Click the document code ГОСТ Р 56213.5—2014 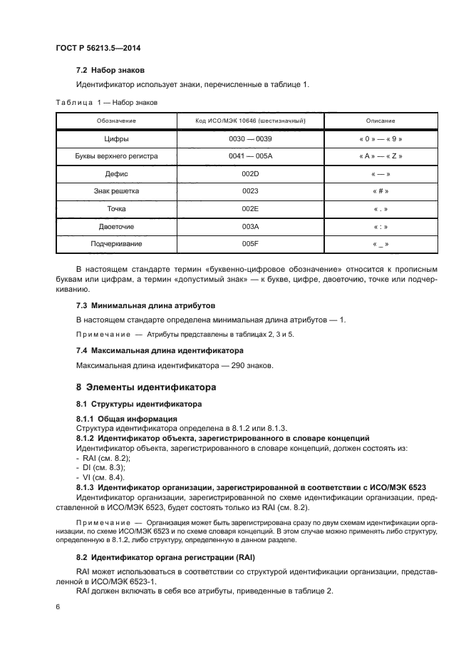[x=98, y=48]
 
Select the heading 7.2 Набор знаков [x=110, y=71]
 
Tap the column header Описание [x=381, y=121]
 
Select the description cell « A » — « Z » [x=381, y=156]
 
